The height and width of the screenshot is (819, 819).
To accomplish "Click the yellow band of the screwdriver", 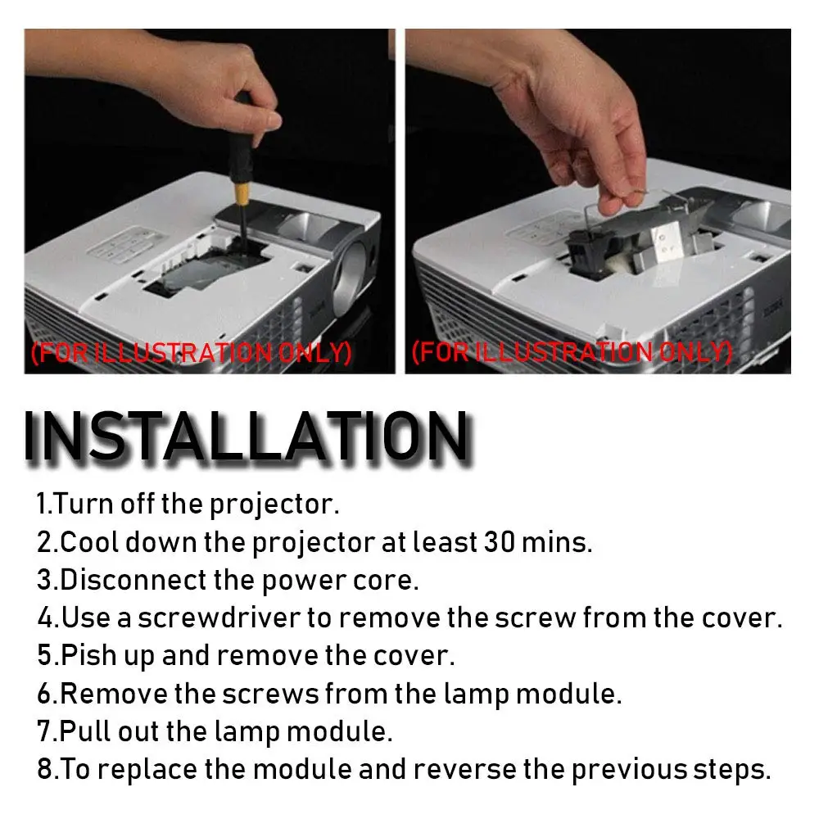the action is [x=242, y=192].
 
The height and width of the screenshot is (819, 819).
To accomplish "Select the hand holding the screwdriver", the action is [x=156, y=79].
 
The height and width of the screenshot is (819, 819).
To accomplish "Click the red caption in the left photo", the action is [x=191, y=353].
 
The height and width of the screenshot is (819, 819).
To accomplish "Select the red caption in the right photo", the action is [x=572, y=352].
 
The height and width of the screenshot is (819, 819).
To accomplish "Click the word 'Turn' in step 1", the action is [x=83, y=504].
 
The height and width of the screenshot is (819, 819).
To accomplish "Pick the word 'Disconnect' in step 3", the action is [x=133, y=581].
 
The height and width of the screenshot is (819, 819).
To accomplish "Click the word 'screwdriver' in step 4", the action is [x=219, y=618].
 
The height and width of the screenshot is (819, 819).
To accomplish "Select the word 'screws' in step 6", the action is [x=270, y=695].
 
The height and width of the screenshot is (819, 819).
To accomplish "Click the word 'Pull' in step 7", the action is [x=85, y=731].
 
